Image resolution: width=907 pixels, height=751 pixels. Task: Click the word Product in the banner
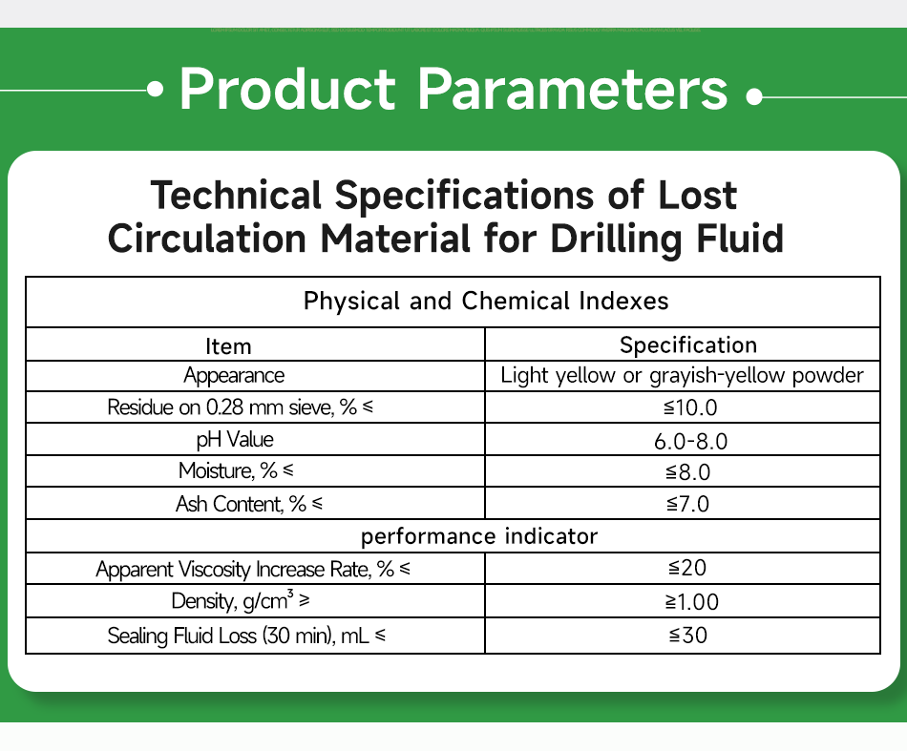click(286, 90)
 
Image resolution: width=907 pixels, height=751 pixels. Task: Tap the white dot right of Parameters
click(754, 96)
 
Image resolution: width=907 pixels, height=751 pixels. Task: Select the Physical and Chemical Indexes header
click(486, 302)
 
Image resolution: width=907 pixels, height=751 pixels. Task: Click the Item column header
click(229, 345)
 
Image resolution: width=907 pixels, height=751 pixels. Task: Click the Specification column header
click(688, 344)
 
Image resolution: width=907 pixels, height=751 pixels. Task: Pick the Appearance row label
click(234, 376)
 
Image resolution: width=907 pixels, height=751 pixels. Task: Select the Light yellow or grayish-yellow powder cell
click(682, 375)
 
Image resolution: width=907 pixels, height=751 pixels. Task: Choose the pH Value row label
click(234, 440)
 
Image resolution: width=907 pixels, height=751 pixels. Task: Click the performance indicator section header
click(479, 536)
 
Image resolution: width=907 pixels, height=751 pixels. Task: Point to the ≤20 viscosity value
click(687, 569)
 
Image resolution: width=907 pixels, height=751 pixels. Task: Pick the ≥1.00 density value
click(692, 601)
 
